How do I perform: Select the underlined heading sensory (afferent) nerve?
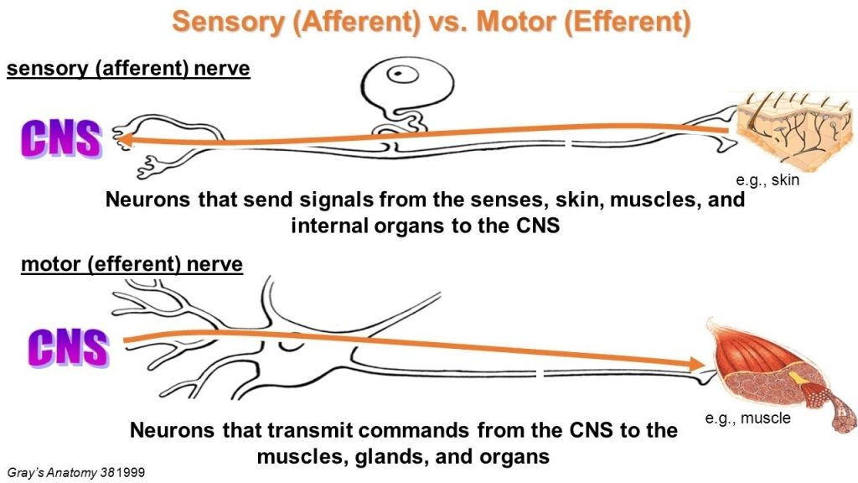coord(128,68)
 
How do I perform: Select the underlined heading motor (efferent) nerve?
coord(132,265)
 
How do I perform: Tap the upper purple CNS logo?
coord(61,139)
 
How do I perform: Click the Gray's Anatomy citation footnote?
coord(69,472)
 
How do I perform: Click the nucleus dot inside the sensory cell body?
coord(406,73)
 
